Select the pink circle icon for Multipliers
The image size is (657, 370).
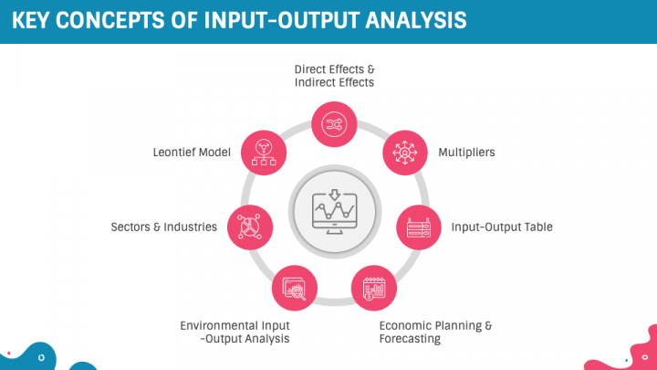tap(405, 153)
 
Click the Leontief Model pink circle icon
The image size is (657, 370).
tap(264, 153)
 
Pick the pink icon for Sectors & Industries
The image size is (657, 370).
tap(250, 227)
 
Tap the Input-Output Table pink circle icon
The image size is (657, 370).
tap(419, 227)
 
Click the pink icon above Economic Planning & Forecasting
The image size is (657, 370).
tap(374, 288)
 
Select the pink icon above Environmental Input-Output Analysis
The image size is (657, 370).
tap(295, 288)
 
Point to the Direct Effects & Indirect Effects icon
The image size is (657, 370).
tap(334, 124)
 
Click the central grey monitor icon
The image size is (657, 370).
tap(334, 212)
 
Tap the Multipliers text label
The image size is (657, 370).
tap(466, 153)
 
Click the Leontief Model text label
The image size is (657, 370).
tap(192, 153)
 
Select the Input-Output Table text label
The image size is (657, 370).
tap(502, 227)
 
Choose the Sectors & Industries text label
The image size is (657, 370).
tap(164, 227)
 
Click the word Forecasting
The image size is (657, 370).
tap(410, 339)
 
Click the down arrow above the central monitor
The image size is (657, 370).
tap(334, 195)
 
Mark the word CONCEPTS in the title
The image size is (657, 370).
tap(109, 20)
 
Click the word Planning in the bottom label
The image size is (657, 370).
tap(455, 326)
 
